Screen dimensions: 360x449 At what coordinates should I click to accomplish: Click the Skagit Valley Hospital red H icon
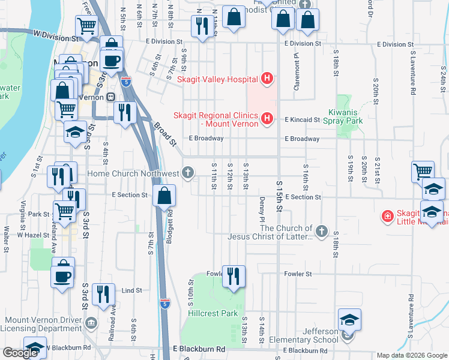coord(268,79)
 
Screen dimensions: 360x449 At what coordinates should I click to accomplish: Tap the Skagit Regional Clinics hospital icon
coord(268,119)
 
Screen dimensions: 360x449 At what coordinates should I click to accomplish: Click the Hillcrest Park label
coord(213,313)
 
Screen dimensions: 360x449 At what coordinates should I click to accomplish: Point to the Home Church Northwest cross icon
coord(188,174)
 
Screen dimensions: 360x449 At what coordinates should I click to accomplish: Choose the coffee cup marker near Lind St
coord(63,275)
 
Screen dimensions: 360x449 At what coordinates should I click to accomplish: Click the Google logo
coord(20,352)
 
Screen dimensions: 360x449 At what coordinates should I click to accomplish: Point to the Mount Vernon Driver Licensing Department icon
coord(91,323)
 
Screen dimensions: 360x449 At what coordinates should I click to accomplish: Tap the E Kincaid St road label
coord(302,120)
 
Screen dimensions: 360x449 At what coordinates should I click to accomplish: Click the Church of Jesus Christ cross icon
coord(322,230)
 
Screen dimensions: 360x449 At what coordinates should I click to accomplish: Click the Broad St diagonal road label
coord(164,134)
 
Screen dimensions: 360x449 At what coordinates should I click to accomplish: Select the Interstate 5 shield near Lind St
coord(164,304)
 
